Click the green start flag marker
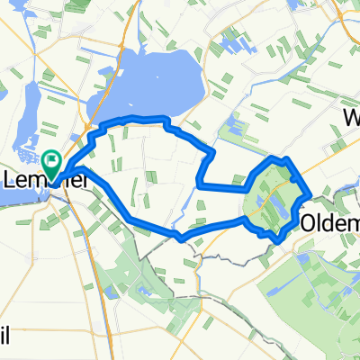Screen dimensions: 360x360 (x=51, y=165)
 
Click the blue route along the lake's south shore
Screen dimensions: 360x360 (x=135, y=118)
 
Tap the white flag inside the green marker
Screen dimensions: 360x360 (x=51, y=162)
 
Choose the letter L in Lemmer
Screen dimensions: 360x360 (x=11, y=180)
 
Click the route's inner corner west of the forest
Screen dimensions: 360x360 (x=198, y=185)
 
